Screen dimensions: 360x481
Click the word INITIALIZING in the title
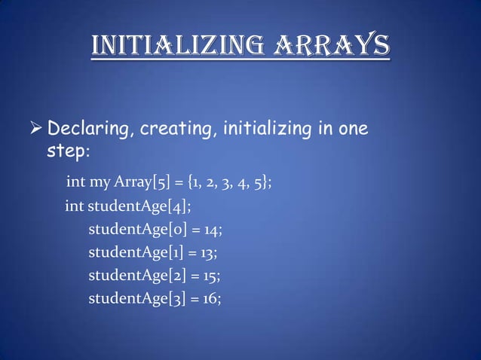click(x=176, y=45)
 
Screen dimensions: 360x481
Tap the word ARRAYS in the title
click(x=330, y=45)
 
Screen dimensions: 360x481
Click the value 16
click(x=213, y=299)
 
